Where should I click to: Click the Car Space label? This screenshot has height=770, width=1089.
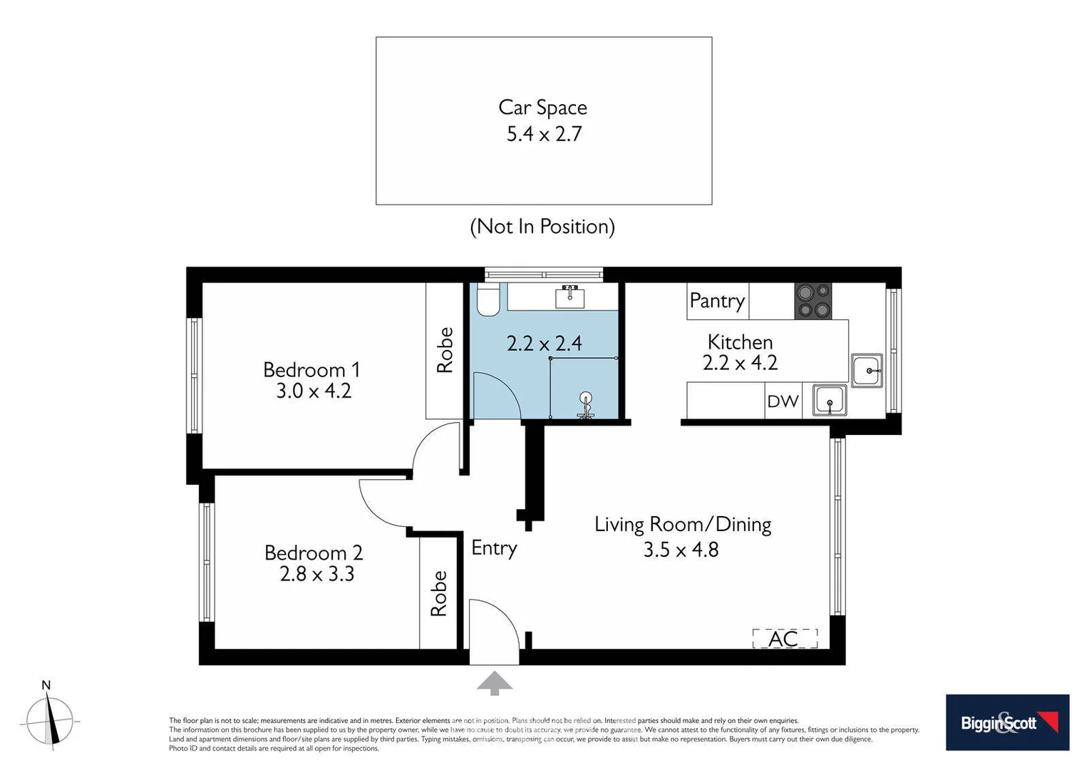click(542, 108)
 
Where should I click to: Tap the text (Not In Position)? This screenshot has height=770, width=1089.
click(542, 227)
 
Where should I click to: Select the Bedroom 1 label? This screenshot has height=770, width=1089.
click(311, 370)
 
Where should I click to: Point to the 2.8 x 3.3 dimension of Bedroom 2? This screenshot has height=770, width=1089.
click(316, 574)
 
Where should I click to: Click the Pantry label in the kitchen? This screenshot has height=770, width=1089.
click(717, 301)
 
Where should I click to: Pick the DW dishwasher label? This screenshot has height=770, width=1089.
click(783, 401)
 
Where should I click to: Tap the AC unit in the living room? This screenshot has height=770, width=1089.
click(785, 638)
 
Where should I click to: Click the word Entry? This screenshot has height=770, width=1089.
click(494, 548)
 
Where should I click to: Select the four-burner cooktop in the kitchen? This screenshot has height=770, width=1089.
click(812, 301)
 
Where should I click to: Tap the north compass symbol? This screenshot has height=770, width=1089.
click(49, 720)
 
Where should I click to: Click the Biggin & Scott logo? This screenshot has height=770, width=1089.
click(1007, 722)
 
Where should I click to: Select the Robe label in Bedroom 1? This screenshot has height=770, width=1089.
click(445, 350)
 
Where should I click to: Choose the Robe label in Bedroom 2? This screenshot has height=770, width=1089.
click(438, 593)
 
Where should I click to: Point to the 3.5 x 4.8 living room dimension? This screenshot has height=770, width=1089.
click(681, 550)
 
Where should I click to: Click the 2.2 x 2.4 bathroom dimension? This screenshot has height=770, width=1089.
click(544, 344)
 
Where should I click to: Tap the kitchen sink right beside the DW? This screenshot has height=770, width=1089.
click(830, 401)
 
